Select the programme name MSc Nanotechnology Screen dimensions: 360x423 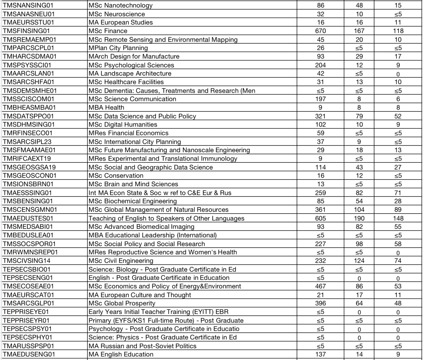121,5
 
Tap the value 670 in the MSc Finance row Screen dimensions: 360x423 320,31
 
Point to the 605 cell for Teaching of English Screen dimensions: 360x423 320,218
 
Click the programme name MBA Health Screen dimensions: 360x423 107,107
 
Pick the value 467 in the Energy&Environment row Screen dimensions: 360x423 320,286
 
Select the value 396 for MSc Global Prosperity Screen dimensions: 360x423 320,303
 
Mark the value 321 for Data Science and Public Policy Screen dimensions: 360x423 320,116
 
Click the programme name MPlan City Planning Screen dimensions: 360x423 118,48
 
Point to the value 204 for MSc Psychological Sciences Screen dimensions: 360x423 320,65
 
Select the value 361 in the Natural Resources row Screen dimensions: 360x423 320,210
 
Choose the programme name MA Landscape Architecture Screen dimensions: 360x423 130,74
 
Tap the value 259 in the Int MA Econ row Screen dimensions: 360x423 320,193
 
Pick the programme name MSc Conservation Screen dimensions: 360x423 116,176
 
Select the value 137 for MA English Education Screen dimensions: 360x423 320,354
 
